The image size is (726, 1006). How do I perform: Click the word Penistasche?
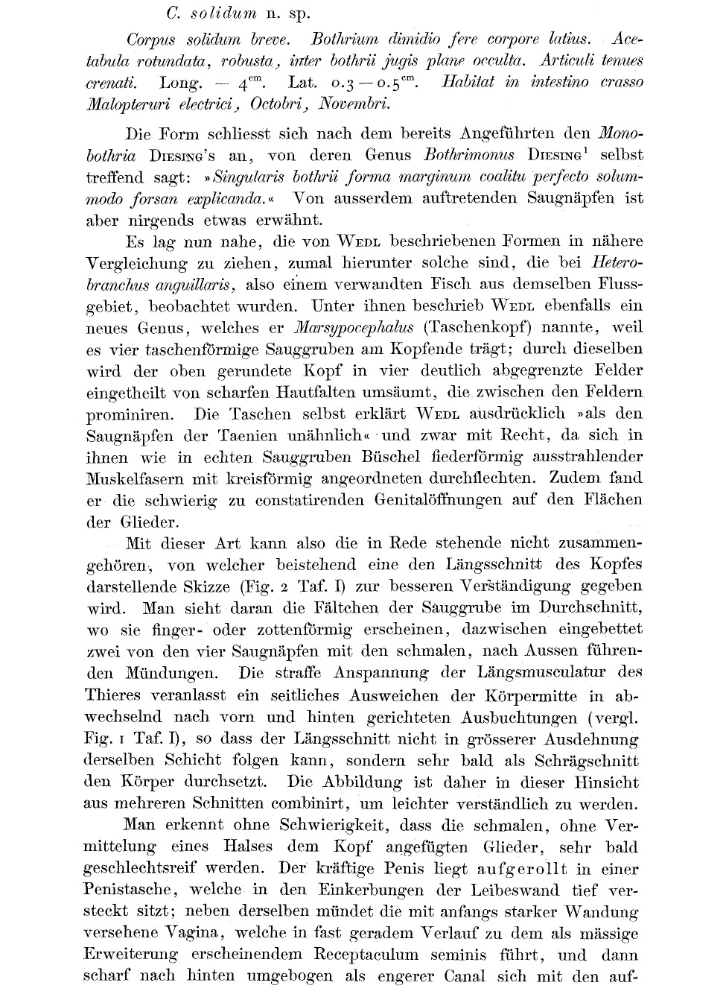point(130,890)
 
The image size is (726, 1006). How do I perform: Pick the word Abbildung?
point(354,782)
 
